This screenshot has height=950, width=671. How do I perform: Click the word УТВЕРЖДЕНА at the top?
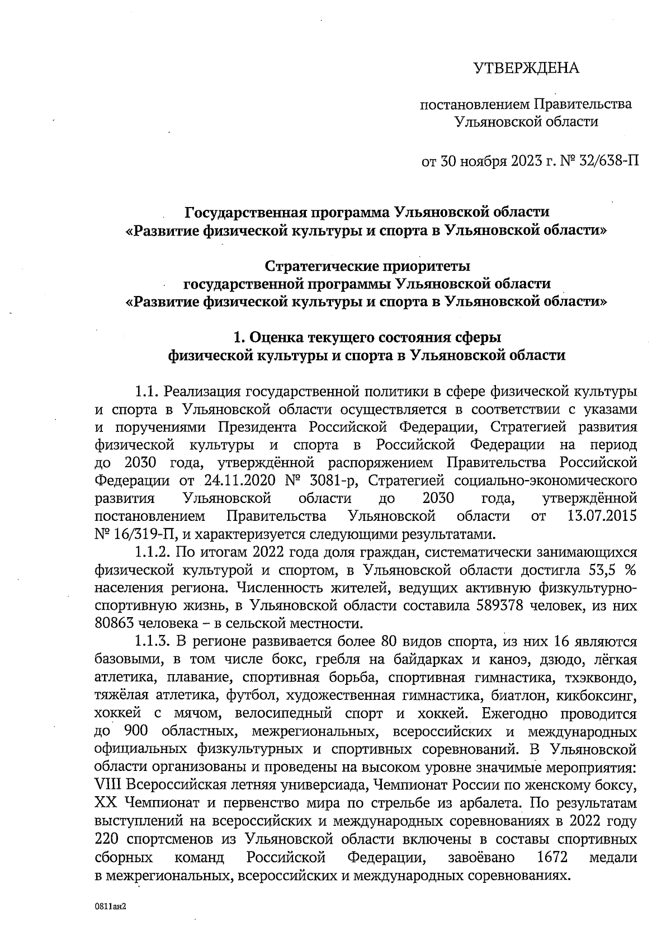[x=526, y=69]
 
